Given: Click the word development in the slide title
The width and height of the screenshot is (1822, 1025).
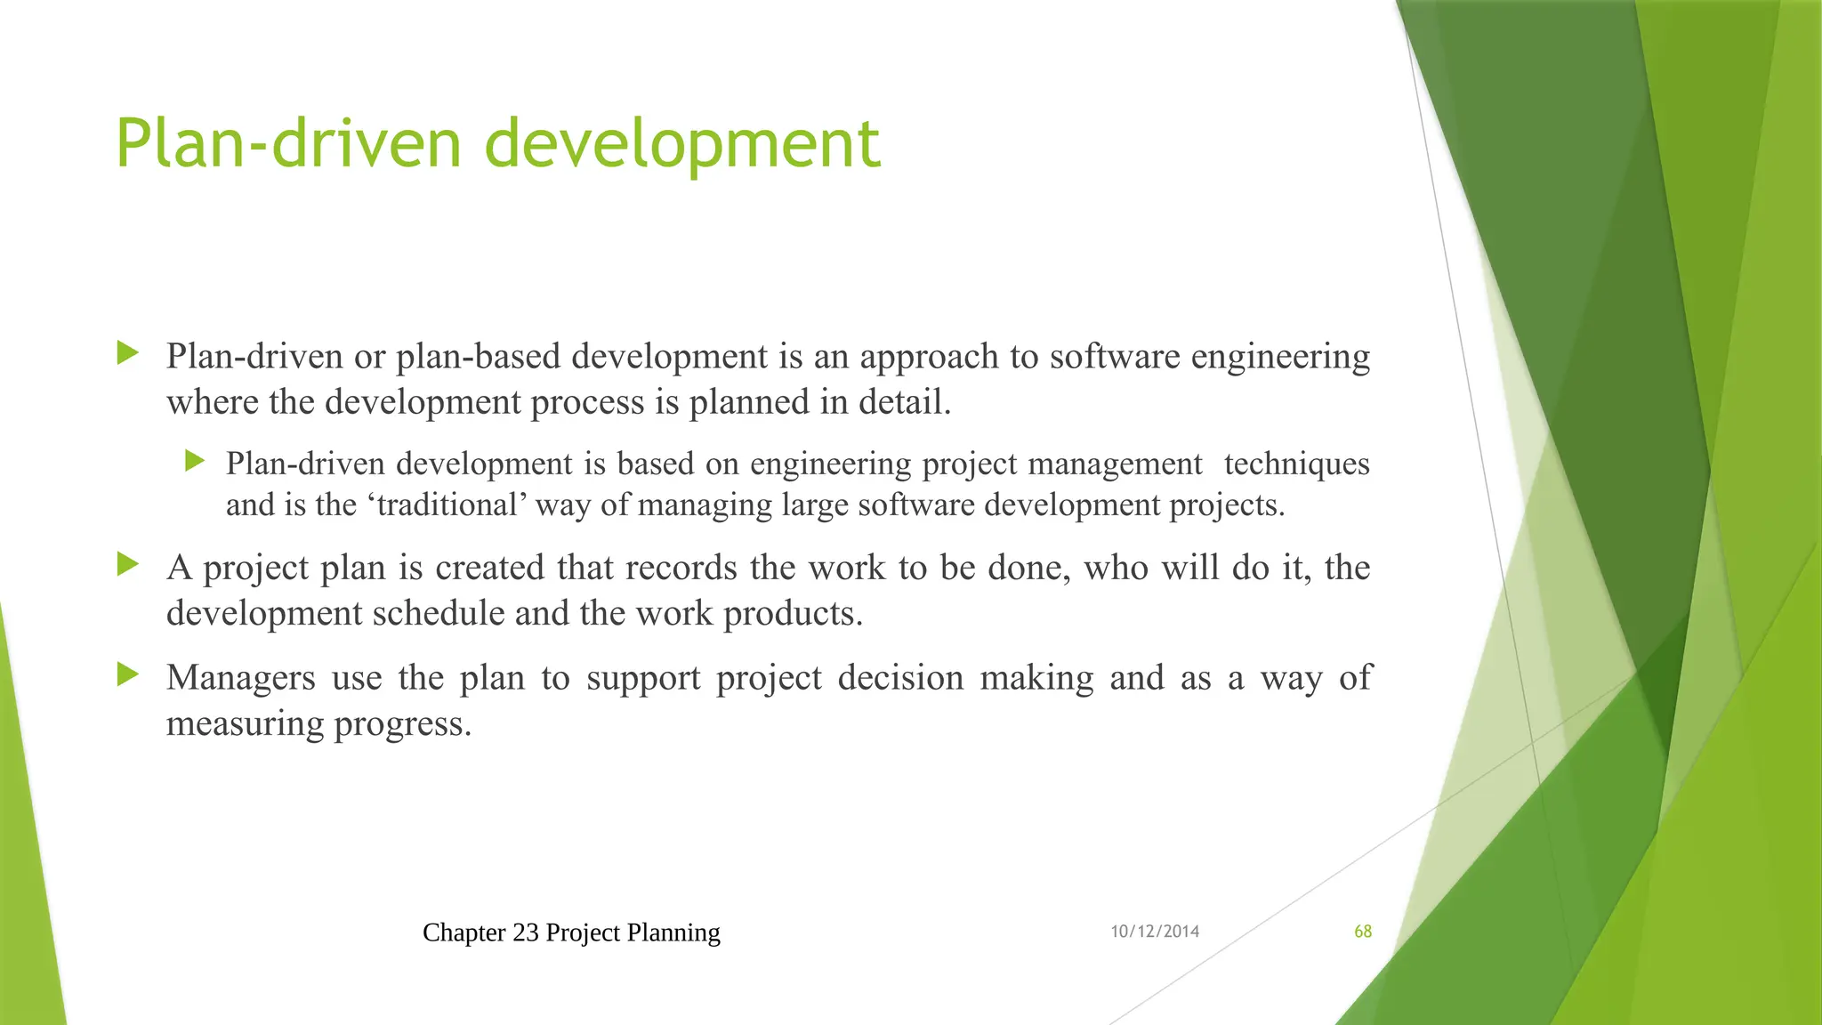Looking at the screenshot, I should tap(682, 145).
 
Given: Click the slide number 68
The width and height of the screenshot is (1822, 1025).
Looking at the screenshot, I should tap(1362, 932).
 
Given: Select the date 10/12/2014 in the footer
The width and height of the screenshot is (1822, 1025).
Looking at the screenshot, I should tap(1155, 932).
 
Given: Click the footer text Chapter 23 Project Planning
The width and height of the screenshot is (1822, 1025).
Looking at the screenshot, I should tap(571, 932).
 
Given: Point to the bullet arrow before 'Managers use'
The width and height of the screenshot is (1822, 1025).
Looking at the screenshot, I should tap(128, 675).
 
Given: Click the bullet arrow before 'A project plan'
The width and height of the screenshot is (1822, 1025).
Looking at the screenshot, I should tap(128, 564).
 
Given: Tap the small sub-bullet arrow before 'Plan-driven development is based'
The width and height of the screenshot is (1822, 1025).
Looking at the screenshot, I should tap(195, 461).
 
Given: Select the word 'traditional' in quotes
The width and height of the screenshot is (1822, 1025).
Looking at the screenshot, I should tap(447, 505).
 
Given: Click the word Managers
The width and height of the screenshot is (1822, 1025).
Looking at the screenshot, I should tap(240, 678).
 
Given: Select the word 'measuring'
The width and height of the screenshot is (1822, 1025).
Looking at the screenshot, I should tap(246, 724).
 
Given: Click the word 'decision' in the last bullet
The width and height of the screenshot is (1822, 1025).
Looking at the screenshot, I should tap(900, 678).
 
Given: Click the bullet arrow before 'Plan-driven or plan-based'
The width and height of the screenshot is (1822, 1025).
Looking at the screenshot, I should tap(128, 353).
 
